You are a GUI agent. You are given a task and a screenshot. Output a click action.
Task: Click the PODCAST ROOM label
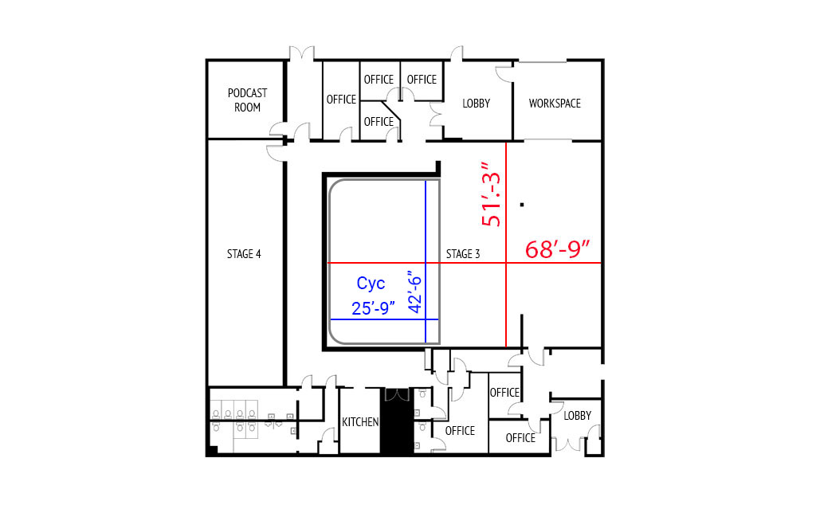(247, 100)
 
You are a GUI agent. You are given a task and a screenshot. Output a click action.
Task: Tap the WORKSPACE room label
(555, 103)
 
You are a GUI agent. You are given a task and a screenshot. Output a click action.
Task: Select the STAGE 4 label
(244, 254)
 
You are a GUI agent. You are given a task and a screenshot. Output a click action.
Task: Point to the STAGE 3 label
(463, 254)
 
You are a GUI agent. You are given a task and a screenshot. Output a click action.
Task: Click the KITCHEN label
(360, 422)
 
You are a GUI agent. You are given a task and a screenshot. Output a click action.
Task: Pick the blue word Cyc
(371, 284)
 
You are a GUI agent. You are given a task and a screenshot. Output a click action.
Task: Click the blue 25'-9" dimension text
(373, 308)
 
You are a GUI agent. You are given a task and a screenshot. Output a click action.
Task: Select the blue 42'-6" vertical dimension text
(414, 292)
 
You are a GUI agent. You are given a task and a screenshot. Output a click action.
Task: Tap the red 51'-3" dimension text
(491, 194)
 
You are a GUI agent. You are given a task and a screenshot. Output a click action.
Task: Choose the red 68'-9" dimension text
(557, 249)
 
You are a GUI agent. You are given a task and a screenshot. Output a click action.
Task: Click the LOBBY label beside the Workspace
(477, 103)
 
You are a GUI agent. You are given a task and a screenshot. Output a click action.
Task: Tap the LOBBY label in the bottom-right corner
(577, 416)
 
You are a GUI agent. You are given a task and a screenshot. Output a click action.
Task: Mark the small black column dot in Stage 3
(522, 205)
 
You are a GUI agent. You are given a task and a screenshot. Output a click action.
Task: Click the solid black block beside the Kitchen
(397, 421)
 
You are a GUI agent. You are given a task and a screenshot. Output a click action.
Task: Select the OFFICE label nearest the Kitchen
(460, 431)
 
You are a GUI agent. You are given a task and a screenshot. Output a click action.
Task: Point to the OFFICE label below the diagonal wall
(379, 121)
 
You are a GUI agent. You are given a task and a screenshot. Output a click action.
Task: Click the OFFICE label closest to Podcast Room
(341, 99)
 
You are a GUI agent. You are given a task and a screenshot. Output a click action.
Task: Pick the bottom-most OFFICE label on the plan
(520, 438)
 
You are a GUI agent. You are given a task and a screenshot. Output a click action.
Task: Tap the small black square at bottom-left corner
(211, 451)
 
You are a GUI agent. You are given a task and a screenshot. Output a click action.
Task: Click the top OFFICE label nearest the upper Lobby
(422, 79)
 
